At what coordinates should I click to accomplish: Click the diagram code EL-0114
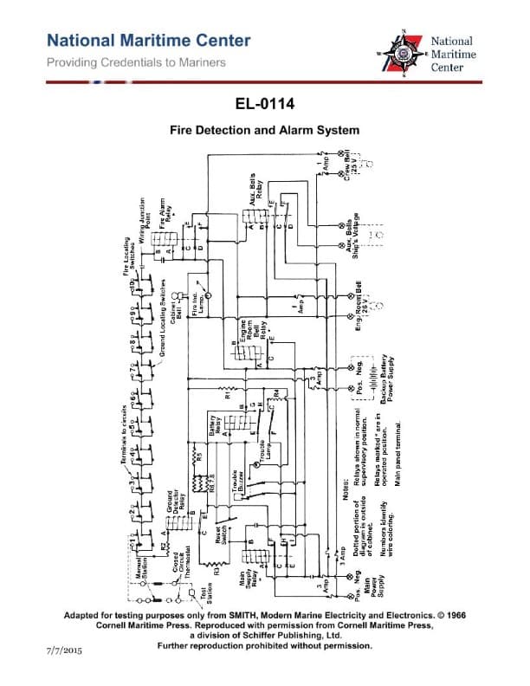click(265, 106)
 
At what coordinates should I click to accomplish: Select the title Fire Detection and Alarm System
click(264, 131)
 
